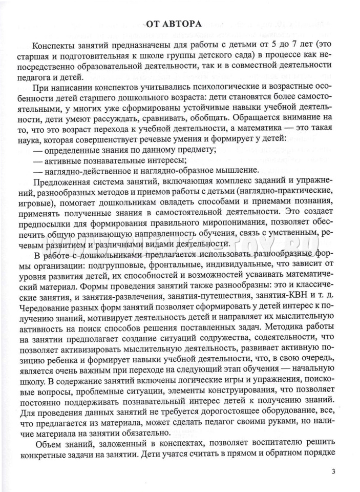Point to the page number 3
(x=332, y=472)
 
